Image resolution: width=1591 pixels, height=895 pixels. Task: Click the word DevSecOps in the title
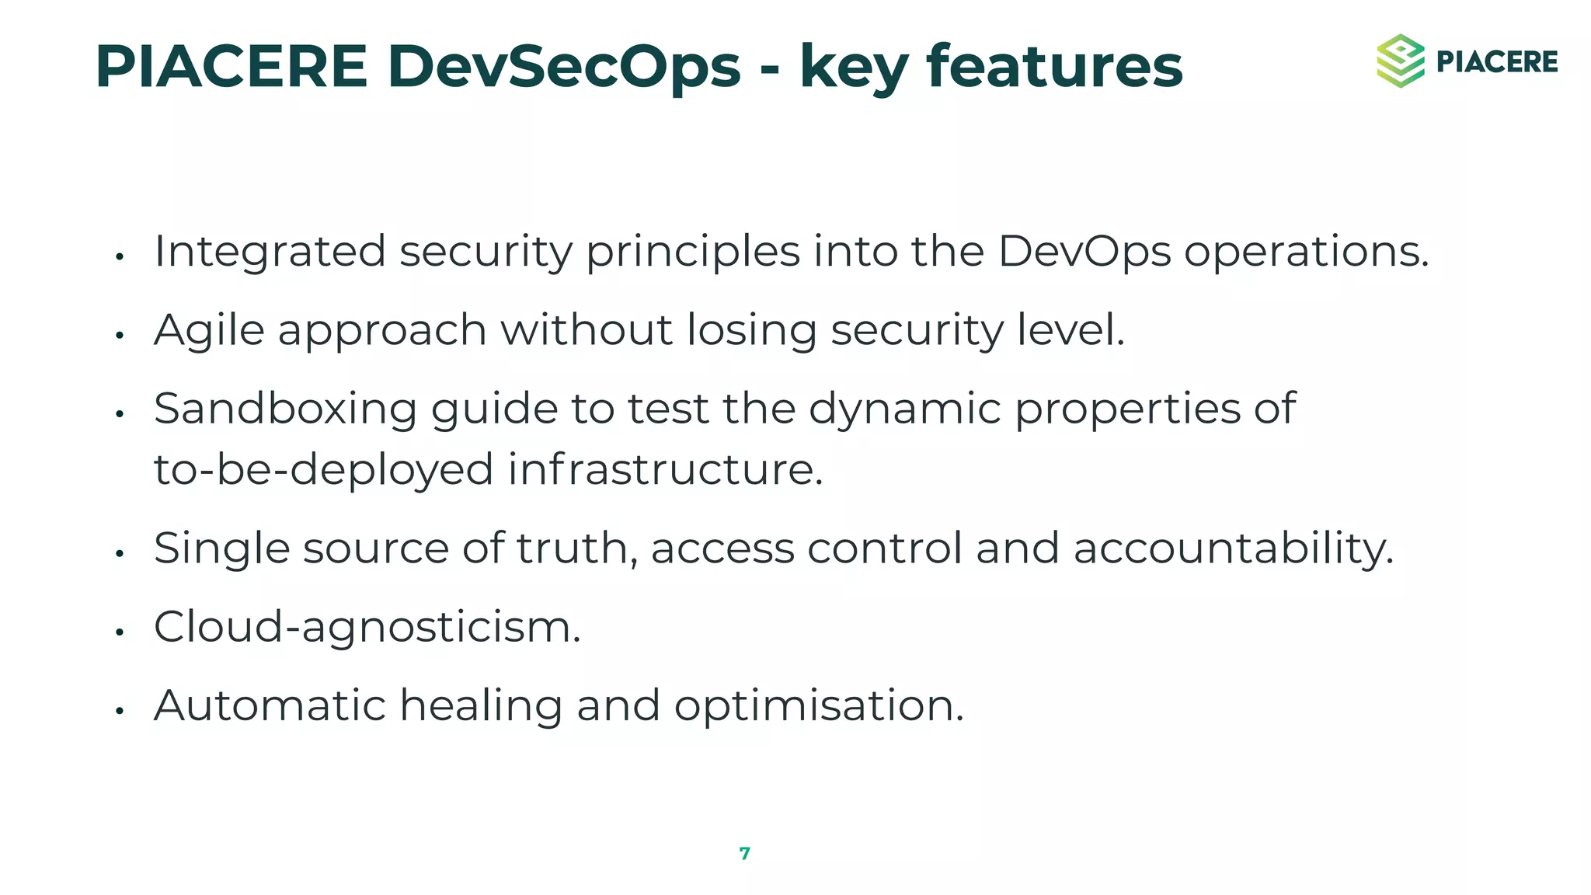tap(563, 67)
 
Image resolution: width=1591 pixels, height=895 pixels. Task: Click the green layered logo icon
tap(1400, 61)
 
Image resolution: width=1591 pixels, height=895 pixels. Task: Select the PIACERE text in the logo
tap(1497, 62)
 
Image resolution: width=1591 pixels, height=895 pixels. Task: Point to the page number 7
tap(744, 854)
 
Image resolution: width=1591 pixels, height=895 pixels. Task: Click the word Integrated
tap(270, 252)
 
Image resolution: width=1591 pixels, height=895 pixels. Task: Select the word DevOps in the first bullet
tap(1084, 252)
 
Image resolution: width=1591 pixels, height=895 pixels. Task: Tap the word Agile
tap(209, 330)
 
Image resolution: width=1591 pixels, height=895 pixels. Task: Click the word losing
tap(751, 330)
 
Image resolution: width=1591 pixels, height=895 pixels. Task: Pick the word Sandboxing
tap(285, 409)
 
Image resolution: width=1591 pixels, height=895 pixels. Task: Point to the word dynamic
tap(904, 409)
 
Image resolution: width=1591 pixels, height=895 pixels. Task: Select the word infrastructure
tap(665, 470)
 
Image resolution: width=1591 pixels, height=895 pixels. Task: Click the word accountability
tap(1233, 548)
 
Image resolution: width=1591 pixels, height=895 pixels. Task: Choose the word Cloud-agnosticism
tap(367, 627)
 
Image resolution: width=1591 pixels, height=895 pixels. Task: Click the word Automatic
tap(270, 705)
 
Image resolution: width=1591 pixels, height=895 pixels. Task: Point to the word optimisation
tap(818, 705)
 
